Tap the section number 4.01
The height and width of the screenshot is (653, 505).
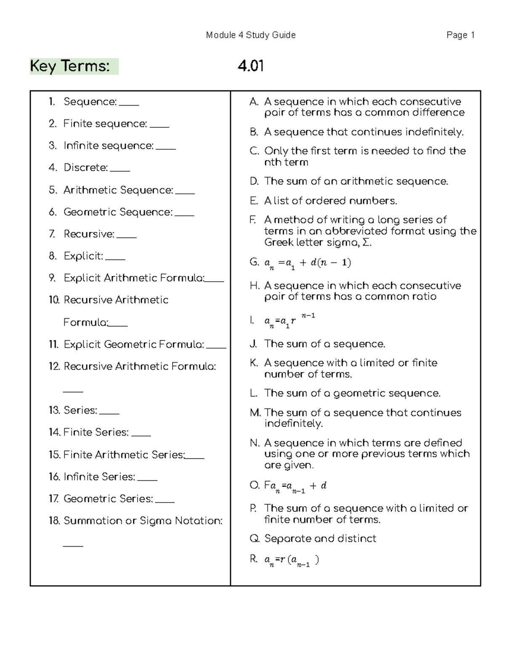click(250, 66)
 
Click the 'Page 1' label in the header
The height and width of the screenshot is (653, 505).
click(460, 35)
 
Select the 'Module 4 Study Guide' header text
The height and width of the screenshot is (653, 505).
click(251, 35)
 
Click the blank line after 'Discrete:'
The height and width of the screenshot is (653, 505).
click(120, 170)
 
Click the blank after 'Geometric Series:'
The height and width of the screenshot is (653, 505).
click(165, 501)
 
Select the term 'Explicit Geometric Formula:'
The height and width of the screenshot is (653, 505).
click(134, 345)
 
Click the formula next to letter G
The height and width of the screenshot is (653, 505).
click(307, 264)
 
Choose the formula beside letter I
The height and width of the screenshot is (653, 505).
click(290, 321)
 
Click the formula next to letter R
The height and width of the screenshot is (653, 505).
click(291, 560)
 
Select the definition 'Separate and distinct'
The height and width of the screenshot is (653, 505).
click(320, 539)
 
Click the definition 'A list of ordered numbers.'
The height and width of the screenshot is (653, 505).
click(330, 201)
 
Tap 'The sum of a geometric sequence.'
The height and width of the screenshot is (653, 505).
click(352, 394)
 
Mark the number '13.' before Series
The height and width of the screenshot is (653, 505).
click(54, 410)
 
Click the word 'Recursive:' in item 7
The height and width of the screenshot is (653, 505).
click(89, 234)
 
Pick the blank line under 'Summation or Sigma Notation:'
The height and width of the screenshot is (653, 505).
click(73, 545)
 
